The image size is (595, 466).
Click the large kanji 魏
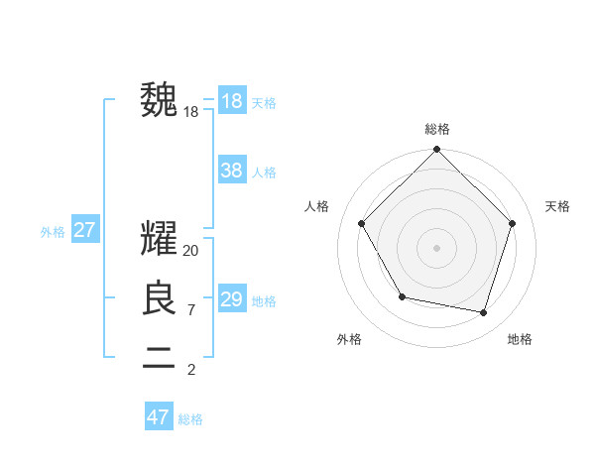[x=160, y=99]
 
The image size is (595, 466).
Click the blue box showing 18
[x=231, y=101]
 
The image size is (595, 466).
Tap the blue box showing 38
[x=231, y=171]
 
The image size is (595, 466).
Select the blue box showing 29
[x=231, y=299]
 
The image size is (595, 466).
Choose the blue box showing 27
[x=84, y=231]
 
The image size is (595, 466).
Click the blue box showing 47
[x=159, y=417]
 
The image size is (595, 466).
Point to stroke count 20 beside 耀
[x=191, y=252]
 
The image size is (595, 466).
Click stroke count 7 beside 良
[x=190, y=310]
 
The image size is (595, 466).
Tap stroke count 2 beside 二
[x=190, y=370]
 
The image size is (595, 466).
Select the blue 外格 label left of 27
[x=53, y=232]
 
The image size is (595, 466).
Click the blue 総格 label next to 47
[x=190, y=419]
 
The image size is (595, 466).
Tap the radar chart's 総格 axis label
[x=437, y=129]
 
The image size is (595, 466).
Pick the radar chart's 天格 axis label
[x=558, y=206]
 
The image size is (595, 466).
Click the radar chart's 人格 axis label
[x=316, y=206]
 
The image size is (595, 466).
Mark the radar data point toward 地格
[x=484, y=312]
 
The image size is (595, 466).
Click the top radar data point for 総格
[x=437, y=151]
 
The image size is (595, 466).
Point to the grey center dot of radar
[x=437, y=247]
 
